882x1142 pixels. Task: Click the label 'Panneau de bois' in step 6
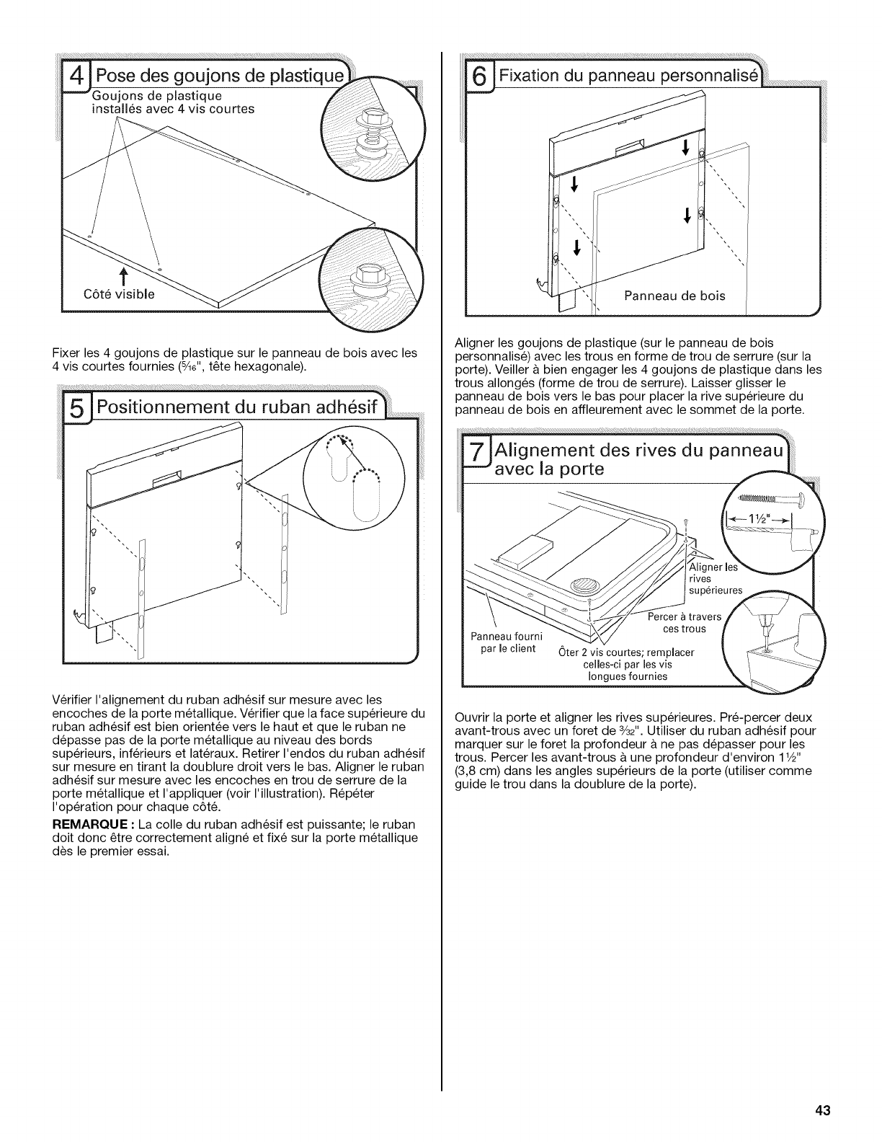[x=674, y=295]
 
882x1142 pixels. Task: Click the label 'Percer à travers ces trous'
[x=679, y=623]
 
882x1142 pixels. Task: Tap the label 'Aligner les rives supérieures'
[x=716, y=579]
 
